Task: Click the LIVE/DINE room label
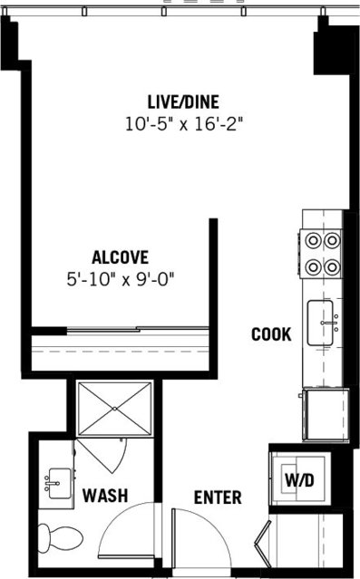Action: (183, 101)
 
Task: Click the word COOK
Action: (271, 334)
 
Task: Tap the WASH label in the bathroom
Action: (104, 496)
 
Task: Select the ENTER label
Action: (219, 497)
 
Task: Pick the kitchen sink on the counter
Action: (325, 321)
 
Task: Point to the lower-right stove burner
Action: (333, 267)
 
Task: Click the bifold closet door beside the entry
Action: (265, 546)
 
